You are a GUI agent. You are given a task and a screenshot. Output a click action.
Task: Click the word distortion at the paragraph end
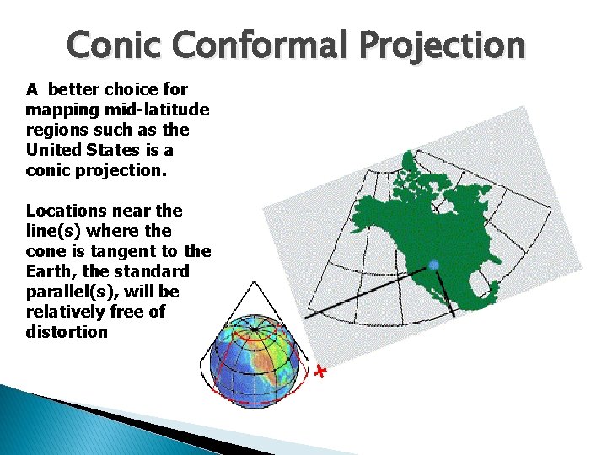67,332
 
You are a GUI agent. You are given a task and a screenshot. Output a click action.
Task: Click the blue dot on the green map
434,265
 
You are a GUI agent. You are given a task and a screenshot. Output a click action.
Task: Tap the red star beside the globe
319,372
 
